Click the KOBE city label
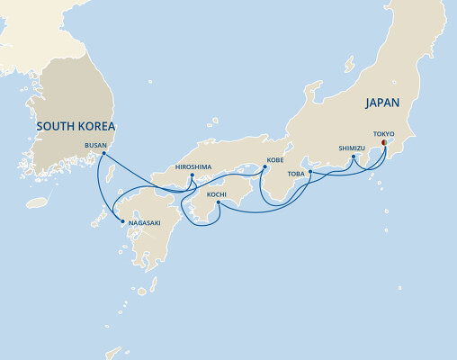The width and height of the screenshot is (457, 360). pyautogui.click(x=275, y=160)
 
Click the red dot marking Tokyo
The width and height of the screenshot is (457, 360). pyautogui.click(x=384, y=142)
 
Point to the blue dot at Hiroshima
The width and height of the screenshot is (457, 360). pyautogui.click(x=192, y=176)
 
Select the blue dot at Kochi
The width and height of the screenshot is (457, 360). pyautogui.click(x=220, y=204)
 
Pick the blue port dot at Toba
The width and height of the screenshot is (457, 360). pyautogui.click(x=309, y=172)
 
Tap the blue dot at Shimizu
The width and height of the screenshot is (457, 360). pyautogui.click(x=354, y=157)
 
